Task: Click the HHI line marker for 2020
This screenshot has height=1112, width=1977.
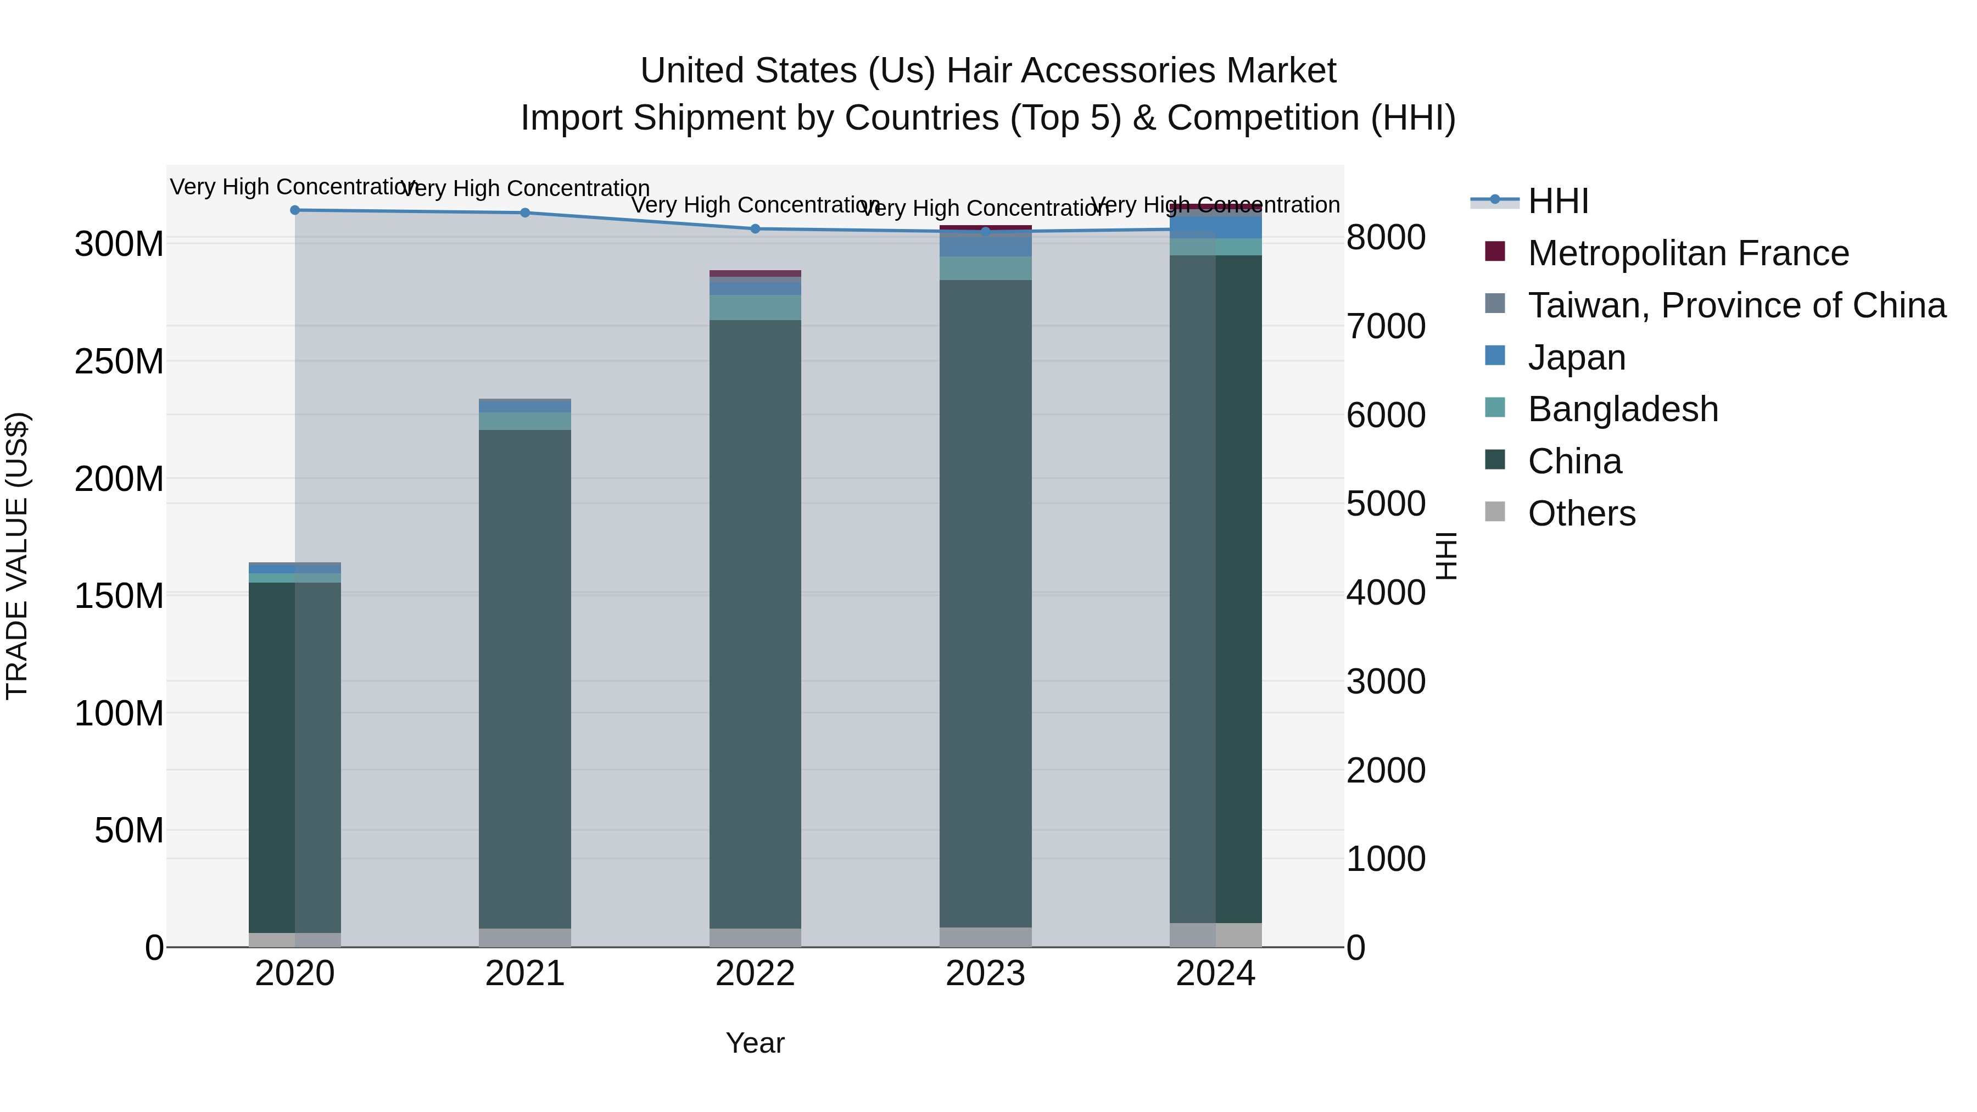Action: [295, 210]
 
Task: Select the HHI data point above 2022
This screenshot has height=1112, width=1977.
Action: [755, 228]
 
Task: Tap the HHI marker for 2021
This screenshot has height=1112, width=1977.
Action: [525, 213]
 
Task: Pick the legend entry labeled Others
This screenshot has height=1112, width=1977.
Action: [1581, 513]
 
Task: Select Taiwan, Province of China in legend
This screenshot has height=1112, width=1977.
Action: [1736, 305]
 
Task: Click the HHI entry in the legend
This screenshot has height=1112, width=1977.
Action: [1558, 201]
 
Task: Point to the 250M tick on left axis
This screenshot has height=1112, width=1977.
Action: [119, 361]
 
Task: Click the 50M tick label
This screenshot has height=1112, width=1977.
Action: [129, 830]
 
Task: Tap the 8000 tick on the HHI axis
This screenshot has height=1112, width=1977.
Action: [1386, 237]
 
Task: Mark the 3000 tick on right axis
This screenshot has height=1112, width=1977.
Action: [1386, 681]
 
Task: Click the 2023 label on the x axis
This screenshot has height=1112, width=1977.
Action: [985, 974]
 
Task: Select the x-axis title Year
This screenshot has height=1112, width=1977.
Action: [755, 1043]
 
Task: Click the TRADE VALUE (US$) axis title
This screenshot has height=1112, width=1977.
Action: [17, 556]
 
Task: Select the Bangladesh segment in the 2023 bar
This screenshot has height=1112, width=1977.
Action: [985, 268]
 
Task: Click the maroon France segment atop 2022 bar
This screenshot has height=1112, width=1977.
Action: [755, 273]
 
